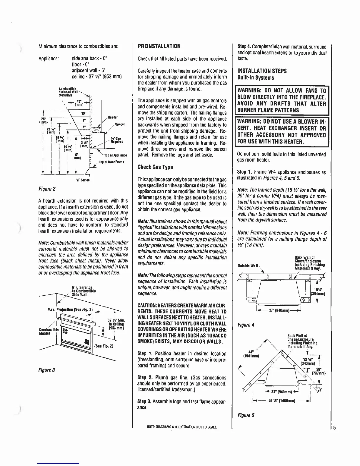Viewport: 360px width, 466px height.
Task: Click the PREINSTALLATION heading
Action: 159,46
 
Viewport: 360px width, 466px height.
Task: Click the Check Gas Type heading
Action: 155,167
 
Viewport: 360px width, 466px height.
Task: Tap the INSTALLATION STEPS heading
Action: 262,71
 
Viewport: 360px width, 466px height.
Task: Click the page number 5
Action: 334,427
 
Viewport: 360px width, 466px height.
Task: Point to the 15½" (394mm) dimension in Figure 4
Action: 317,291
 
